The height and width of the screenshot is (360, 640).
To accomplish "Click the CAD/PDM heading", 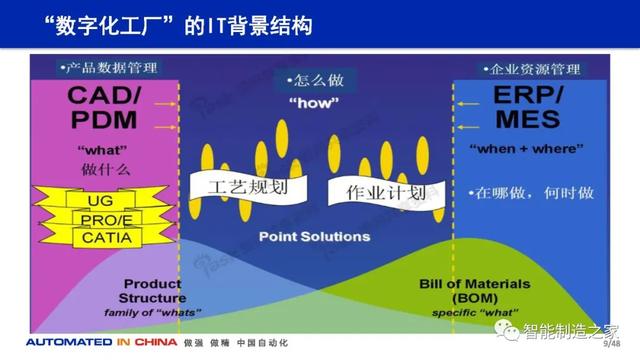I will [106, 109].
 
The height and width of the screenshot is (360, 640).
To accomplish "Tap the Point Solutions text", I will [314, 237].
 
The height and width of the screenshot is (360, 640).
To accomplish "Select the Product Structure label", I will [153, 290].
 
